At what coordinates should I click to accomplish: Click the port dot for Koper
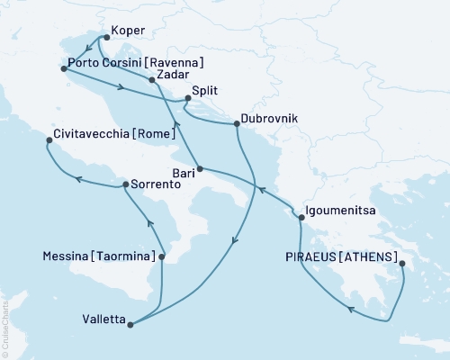click(107, 38)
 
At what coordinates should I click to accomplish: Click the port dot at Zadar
click(151, 80)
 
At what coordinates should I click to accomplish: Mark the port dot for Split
click(187, 98)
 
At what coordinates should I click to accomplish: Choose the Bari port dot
click(200, 169)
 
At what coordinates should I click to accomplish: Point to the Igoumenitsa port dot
click(300, 217)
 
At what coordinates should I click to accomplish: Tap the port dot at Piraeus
click(401, 265)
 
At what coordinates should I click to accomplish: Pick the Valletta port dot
click(131, 325)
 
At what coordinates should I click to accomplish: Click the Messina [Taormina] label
click(98, 257)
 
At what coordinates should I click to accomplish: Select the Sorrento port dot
click(125, 184)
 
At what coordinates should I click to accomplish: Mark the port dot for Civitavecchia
click(49, 139)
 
